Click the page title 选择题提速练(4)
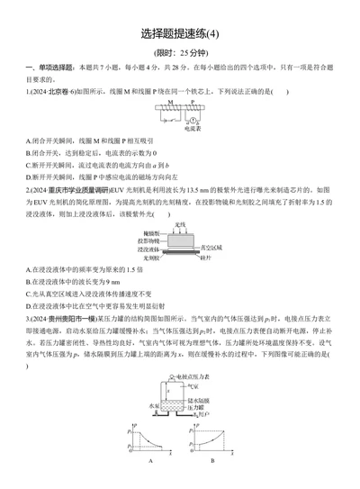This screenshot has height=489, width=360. [x=180, y=34]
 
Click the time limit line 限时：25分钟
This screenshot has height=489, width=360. [x=180, y=54]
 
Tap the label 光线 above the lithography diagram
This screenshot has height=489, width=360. [x=180, y=223]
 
